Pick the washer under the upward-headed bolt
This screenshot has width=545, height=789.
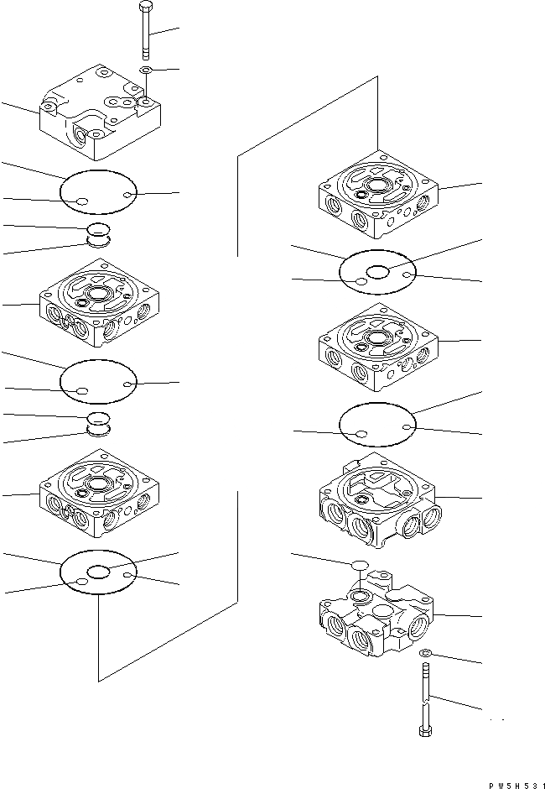tap(146, 70)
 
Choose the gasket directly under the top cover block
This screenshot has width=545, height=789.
tap(97, 194)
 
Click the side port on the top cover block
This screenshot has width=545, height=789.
tap(86, 135)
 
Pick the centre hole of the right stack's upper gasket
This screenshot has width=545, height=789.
tap(375, 271)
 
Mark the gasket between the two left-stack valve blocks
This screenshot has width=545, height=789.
tap(97, 382)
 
